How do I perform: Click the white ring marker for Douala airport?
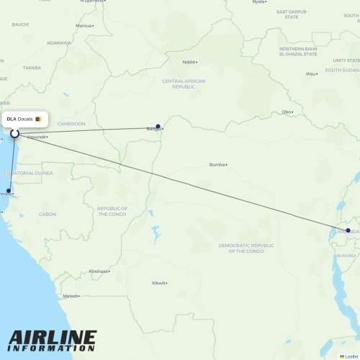click(x=14, y=133)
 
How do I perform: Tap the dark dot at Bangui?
click(x=158, y=127)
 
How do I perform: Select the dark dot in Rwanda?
click(x=348, y=230)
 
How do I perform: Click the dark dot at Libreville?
click(x=9, y=191)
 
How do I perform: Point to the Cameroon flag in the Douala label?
click(x=37, y=119)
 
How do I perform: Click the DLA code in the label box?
click(x=12, y=119)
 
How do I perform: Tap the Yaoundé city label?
click(x=37, y=137)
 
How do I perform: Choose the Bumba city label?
click(x=217, y=165)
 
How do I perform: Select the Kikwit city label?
click(x=158, y=283)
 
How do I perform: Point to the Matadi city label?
click(x=71, y=296)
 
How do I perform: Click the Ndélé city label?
click(x=189, y=62)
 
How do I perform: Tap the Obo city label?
click(x=287, y=112)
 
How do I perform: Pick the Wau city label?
click(x=311, y=73)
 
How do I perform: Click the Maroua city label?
click(x=84, y=25)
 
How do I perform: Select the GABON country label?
click(x=48, y=214)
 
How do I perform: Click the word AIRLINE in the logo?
click(x=52, y=337)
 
